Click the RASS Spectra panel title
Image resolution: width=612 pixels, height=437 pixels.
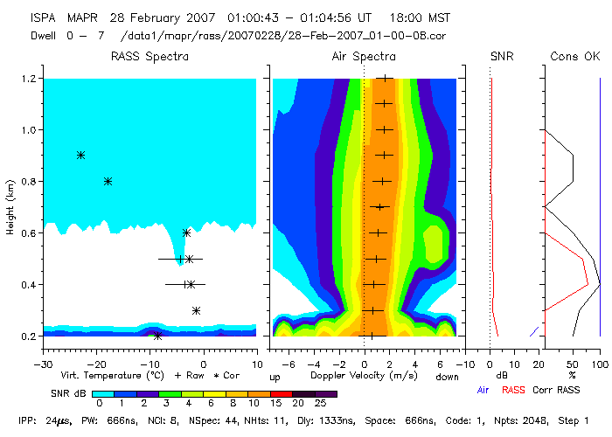(x=149, y=57)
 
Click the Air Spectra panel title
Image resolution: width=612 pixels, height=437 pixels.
(x=364, y=57)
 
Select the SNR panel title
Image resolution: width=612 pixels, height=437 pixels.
(x=502, y=57)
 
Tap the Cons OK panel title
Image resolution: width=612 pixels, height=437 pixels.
(x=574, y=57)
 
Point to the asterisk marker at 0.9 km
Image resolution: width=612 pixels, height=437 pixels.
(x=80, y=155)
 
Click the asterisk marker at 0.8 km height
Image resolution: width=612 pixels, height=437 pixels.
(x=108, y=181)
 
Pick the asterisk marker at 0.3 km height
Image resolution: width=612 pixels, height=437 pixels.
(x=196, y=310)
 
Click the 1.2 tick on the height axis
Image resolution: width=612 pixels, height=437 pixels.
(x=30, y=79)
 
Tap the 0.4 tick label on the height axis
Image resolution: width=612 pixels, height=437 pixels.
(x=30, y=285)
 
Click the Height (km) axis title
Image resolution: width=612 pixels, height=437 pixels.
(x=10, y=208)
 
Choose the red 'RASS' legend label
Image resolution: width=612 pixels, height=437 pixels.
(x=513, y=389)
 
